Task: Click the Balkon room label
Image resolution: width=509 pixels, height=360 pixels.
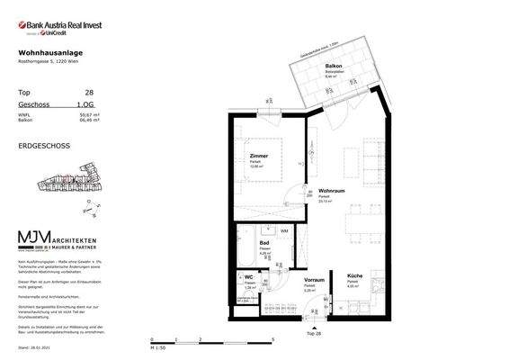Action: point(333,67)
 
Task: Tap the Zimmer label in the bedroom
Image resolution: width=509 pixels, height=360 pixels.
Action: point(259,155)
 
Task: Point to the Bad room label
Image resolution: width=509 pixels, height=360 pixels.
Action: point(264,243)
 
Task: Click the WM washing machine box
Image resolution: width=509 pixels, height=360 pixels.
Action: point(284,232)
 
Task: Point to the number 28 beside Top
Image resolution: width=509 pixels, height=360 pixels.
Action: point(89,93)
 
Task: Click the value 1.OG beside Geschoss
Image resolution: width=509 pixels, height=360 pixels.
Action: point(87,105)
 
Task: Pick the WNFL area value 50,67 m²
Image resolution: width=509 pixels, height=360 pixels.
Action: point(87,114)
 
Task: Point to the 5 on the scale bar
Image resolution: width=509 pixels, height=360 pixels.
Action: point(272,340)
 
